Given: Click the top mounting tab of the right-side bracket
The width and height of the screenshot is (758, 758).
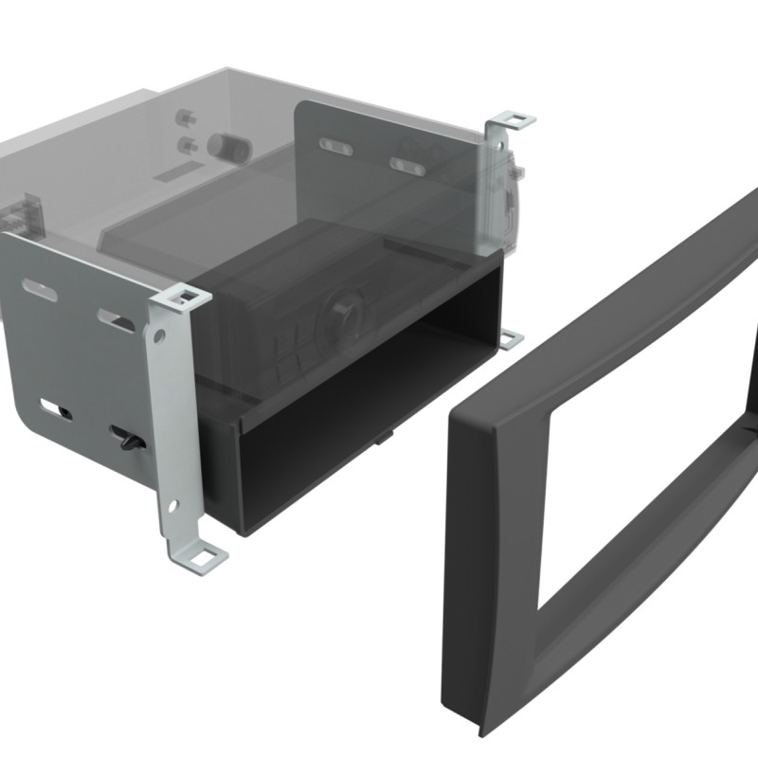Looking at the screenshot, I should point(513,120).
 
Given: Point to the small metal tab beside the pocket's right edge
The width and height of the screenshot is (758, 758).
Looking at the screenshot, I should point(510,338).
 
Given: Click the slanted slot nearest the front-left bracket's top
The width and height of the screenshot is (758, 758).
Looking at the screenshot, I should point(117,319).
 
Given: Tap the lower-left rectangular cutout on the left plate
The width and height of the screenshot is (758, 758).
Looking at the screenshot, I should point(55,409).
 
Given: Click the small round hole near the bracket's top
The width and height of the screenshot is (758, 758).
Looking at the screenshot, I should point(155,334).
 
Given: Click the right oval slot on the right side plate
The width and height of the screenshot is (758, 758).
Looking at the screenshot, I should point(407,166).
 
